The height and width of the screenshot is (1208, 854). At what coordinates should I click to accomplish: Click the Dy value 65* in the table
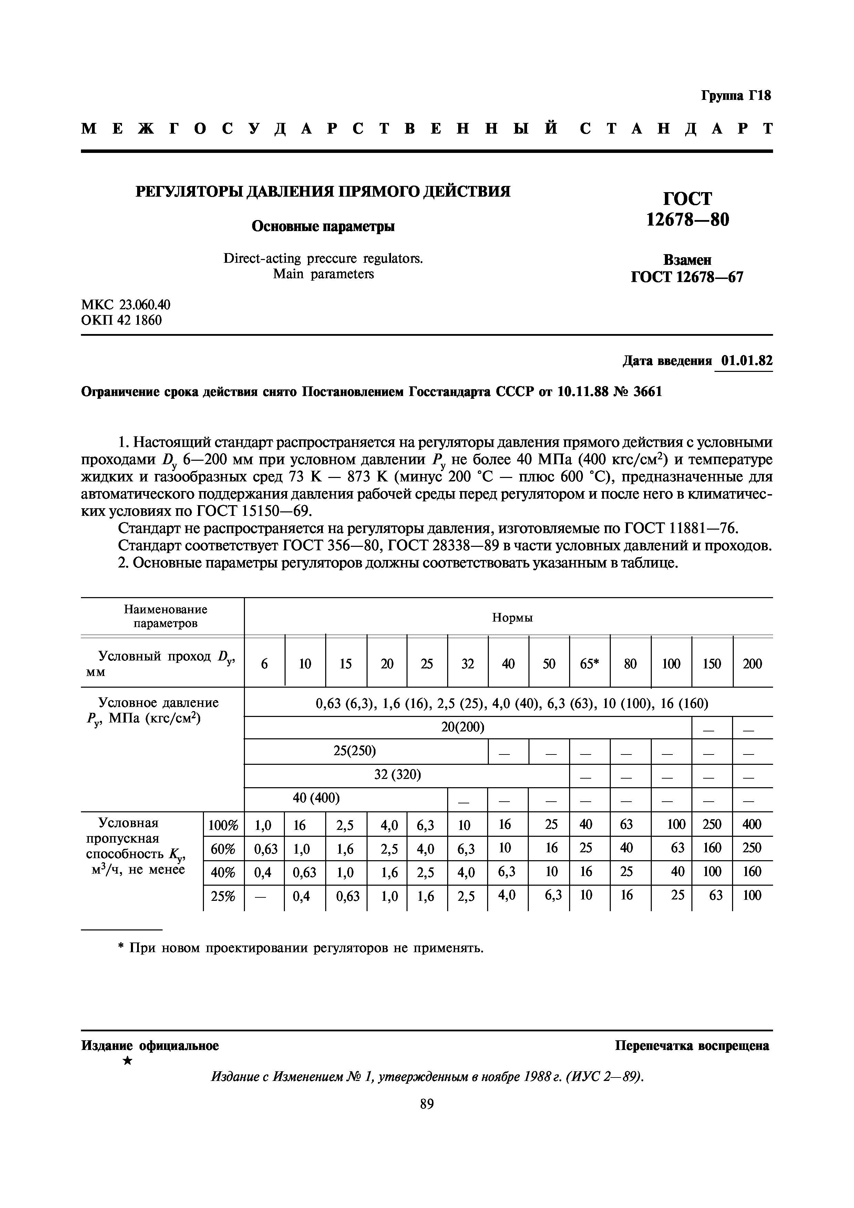[589, 664]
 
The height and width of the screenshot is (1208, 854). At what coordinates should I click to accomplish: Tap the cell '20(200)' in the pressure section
[463, 728]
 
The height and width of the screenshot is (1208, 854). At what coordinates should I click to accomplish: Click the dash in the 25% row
[264, 896]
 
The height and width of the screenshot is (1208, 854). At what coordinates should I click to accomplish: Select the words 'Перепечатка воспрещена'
[692, 1045]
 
